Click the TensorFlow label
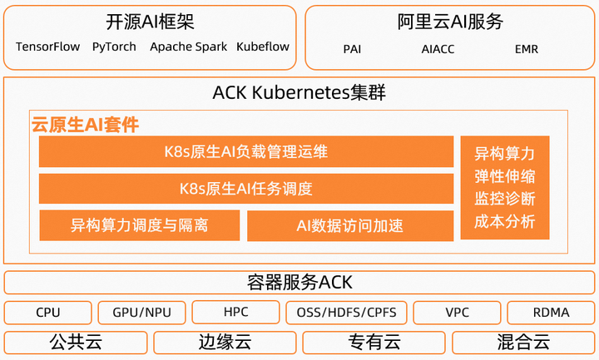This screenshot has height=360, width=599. click(48, 47)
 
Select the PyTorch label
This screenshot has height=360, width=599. click(114, 47)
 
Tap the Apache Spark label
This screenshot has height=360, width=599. click(188, 47)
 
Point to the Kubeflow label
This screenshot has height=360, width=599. click(263, 47)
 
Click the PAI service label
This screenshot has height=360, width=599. click(352, 49)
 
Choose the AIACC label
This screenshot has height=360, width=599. click(438, 49)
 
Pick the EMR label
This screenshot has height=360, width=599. click(526, 49)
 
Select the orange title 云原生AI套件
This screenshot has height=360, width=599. click(85, 126)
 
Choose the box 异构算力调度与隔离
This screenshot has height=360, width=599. click(139, 225)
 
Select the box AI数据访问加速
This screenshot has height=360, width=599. click(349, 225)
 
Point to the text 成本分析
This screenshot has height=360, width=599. click(504, 222)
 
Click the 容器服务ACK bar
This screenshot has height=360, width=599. click(299, 283)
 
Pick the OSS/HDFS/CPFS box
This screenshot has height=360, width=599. click(346, 313)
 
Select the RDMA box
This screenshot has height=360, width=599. click(550, 313)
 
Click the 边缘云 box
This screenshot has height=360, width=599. click(225, 342)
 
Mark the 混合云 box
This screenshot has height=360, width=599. click(523, 342)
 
